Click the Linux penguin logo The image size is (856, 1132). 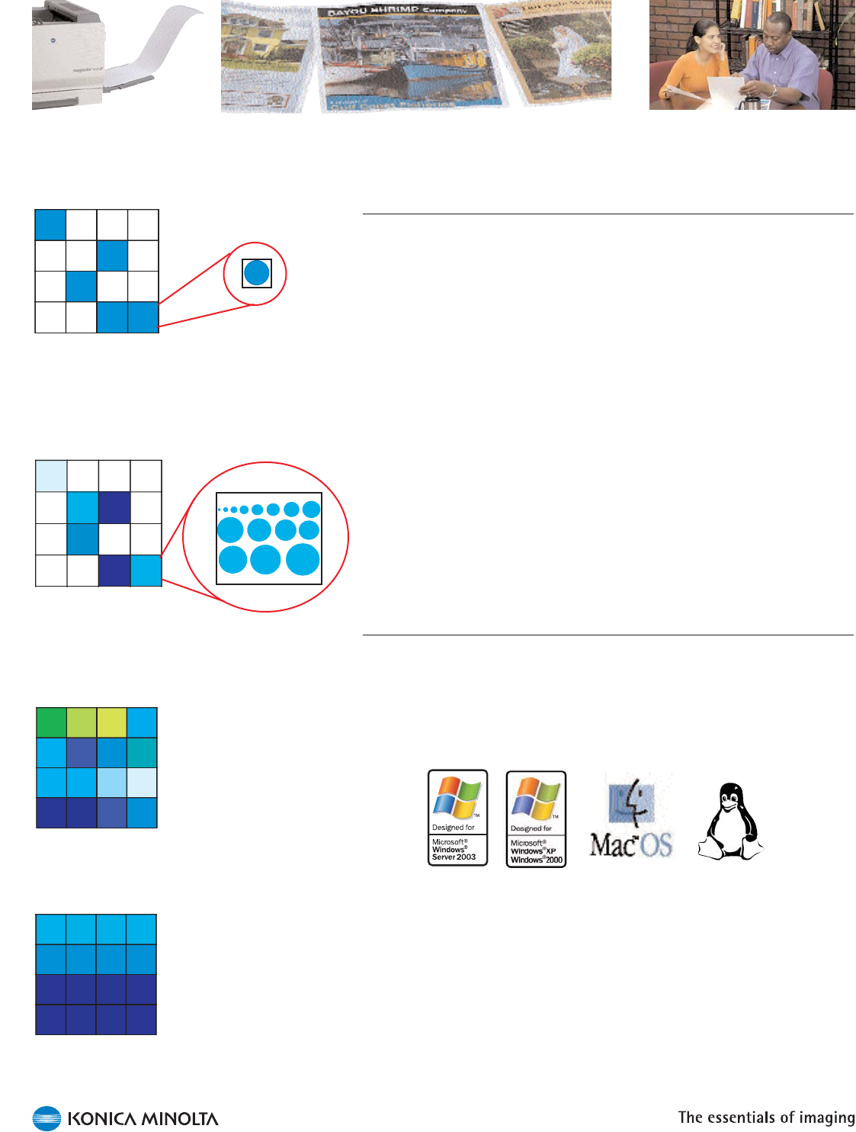pyautogui.click(x=730, y=822)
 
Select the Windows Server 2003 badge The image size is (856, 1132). pyautogui.click(x=457, y=818)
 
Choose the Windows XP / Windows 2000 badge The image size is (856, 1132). pyautogui.click(x=536, y=818)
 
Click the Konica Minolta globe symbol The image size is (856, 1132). pyautogui.click(x=46, y=1118)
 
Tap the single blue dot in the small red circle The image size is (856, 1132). pyautogui.click(x=257, y=272)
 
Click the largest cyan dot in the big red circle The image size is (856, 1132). pyautogui.click(x=303, y=559)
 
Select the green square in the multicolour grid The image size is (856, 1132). pyautogui.click(x=51, y=722)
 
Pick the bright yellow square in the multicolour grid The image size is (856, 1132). pyautogui.click(x=111, y=722)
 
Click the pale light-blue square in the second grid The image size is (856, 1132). pyautogui.click(x=51, y=476)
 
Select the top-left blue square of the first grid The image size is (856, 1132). pyautogui.click(x=50, y=225)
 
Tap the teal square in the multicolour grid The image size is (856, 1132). pyautogui.click(x=142, y=752)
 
